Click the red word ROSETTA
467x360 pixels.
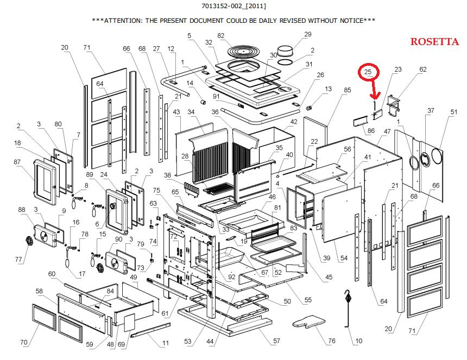point(434,42)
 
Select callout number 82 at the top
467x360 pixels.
point(221,35)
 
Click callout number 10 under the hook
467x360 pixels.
point(358,342)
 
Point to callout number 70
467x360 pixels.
point(23,343)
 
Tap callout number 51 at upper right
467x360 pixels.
point(454,112)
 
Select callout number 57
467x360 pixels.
point(277,341)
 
